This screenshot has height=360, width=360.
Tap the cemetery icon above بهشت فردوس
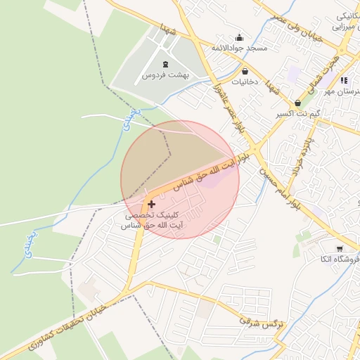165,65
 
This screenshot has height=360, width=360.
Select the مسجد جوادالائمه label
240,48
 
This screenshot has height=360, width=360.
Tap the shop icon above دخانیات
245,71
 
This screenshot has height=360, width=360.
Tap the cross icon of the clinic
151,204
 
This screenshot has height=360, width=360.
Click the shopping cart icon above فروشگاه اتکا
340,249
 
